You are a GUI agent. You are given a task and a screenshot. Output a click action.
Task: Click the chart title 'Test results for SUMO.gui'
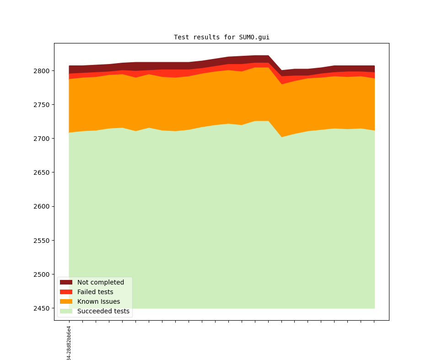221,37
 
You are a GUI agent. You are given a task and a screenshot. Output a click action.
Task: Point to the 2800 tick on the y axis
42,71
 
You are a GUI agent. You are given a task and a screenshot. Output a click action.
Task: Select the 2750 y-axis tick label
42,105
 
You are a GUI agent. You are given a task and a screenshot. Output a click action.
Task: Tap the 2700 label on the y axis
42,139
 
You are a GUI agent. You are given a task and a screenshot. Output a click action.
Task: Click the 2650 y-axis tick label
42,172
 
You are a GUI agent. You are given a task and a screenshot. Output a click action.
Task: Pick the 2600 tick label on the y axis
42,206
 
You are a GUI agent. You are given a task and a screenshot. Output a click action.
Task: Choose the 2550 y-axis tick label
42,241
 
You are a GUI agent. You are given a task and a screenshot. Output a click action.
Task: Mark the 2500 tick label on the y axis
42,274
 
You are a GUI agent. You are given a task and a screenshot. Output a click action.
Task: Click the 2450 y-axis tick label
42,308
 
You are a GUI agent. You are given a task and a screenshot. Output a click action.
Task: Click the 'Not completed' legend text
101,282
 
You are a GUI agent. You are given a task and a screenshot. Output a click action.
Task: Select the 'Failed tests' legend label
95,292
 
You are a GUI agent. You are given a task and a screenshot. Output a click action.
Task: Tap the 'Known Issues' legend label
98,301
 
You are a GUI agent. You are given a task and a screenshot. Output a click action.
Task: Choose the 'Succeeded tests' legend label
103,312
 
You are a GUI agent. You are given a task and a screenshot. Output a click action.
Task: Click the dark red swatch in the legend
66,282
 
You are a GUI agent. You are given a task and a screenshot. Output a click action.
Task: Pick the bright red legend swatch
66,292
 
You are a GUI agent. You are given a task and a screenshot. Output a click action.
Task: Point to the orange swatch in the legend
66,301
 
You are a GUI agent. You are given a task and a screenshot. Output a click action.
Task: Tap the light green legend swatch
66,312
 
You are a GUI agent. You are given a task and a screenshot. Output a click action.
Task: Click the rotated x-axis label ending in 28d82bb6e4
69,343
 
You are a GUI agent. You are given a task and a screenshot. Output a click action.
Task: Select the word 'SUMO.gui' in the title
254,37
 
